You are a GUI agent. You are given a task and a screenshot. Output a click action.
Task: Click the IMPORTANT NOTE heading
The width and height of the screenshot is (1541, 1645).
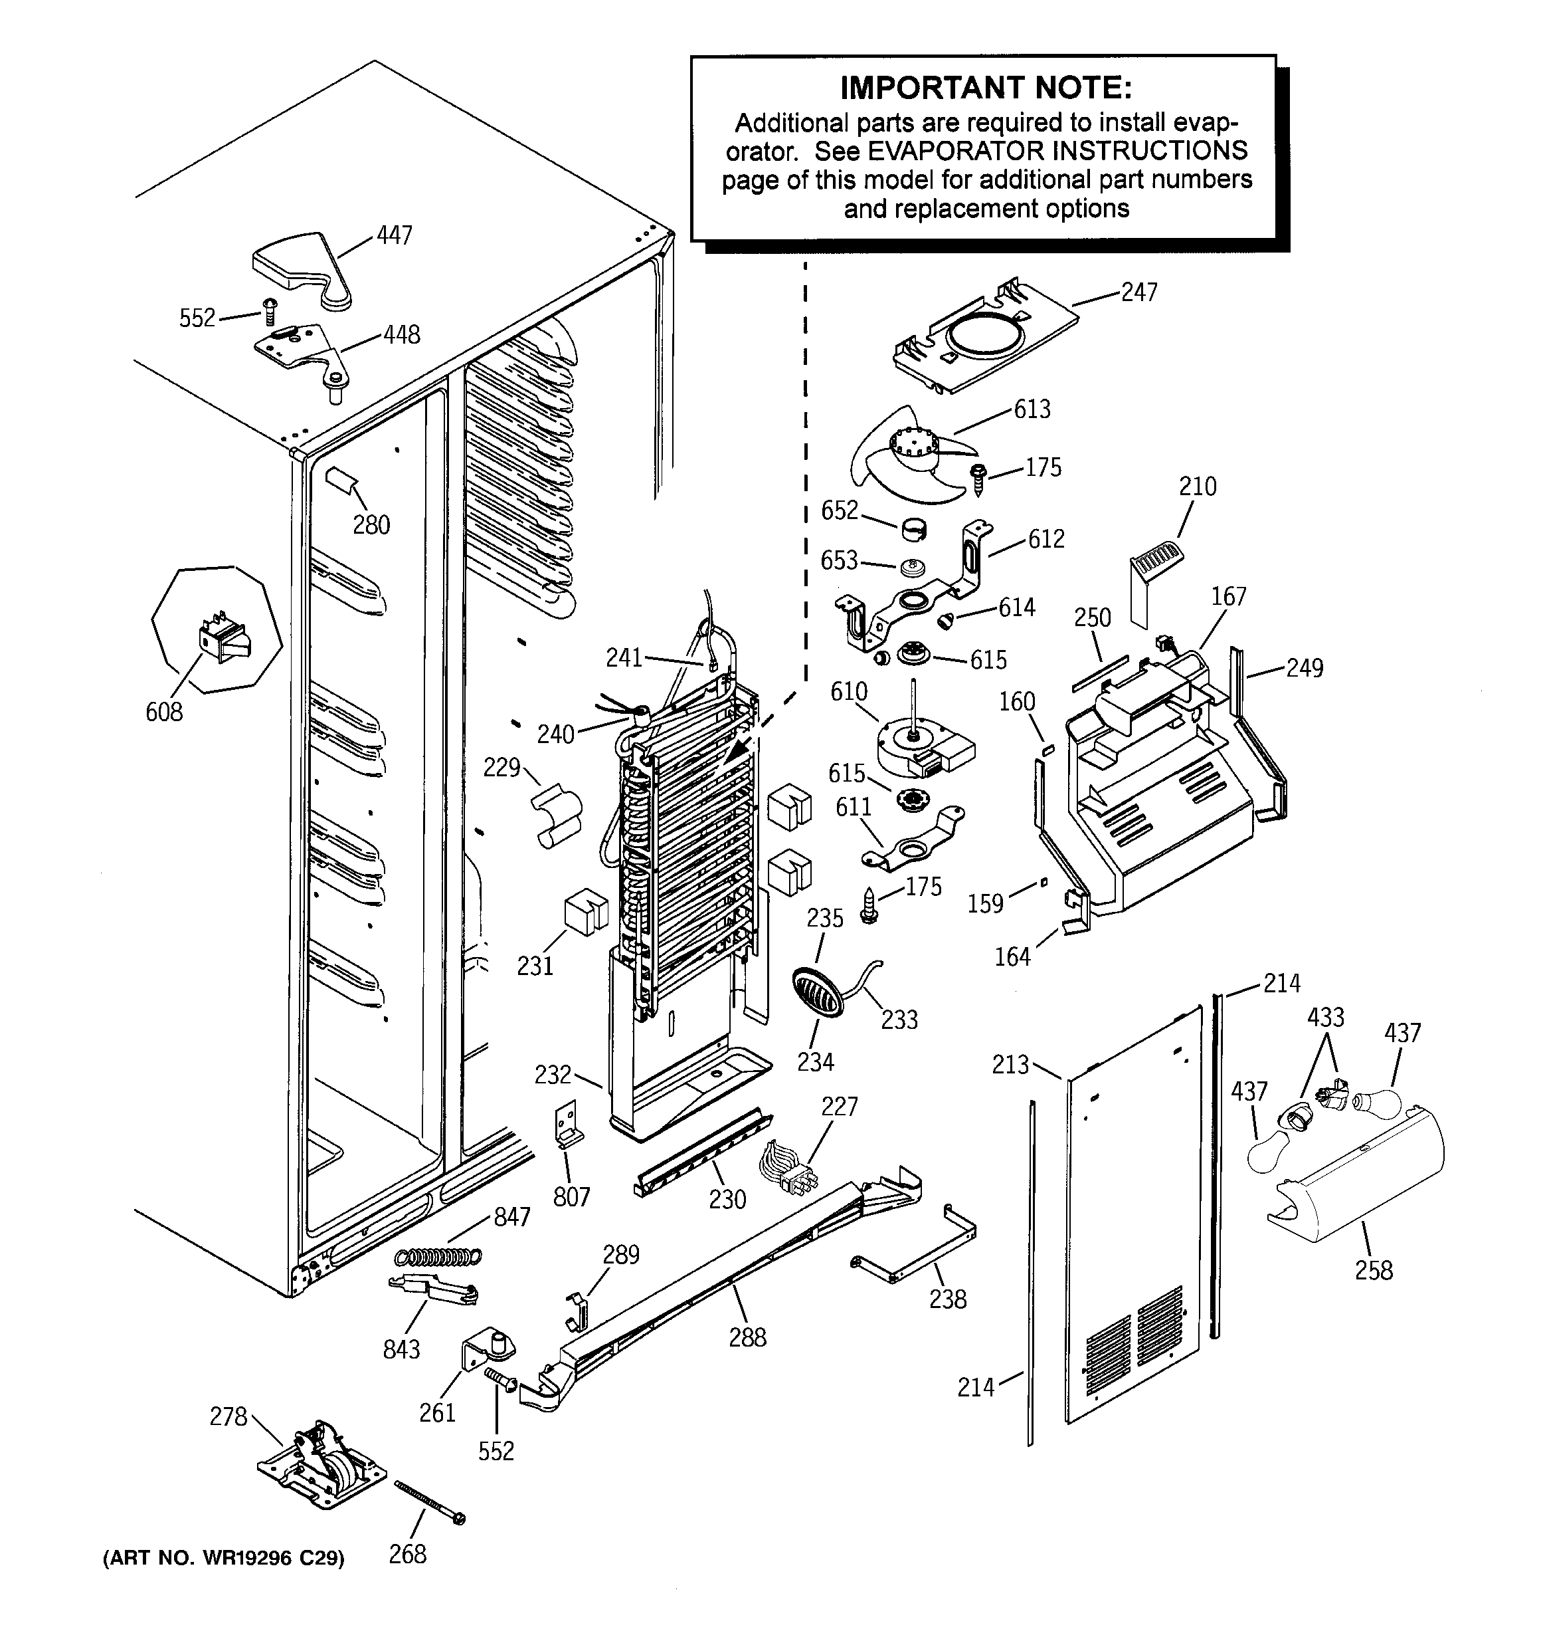click(x=985, y=87)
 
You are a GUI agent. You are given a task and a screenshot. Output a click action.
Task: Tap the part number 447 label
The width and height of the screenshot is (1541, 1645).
click(x=394, y=236)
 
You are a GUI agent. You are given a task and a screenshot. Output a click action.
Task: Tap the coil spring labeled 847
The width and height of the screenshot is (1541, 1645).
click(x=438, y=1256)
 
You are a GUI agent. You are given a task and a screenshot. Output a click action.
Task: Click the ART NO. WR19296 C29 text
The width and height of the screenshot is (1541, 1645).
click(x=223, y=1558)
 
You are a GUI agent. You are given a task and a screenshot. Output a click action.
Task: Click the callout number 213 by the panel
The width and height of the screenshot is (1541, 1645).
click(x=1010, y=1065)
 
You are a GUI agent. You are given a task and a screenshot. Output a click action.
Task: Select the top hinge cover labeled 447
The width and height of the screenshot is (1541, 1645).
click(x=302, y=269)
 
